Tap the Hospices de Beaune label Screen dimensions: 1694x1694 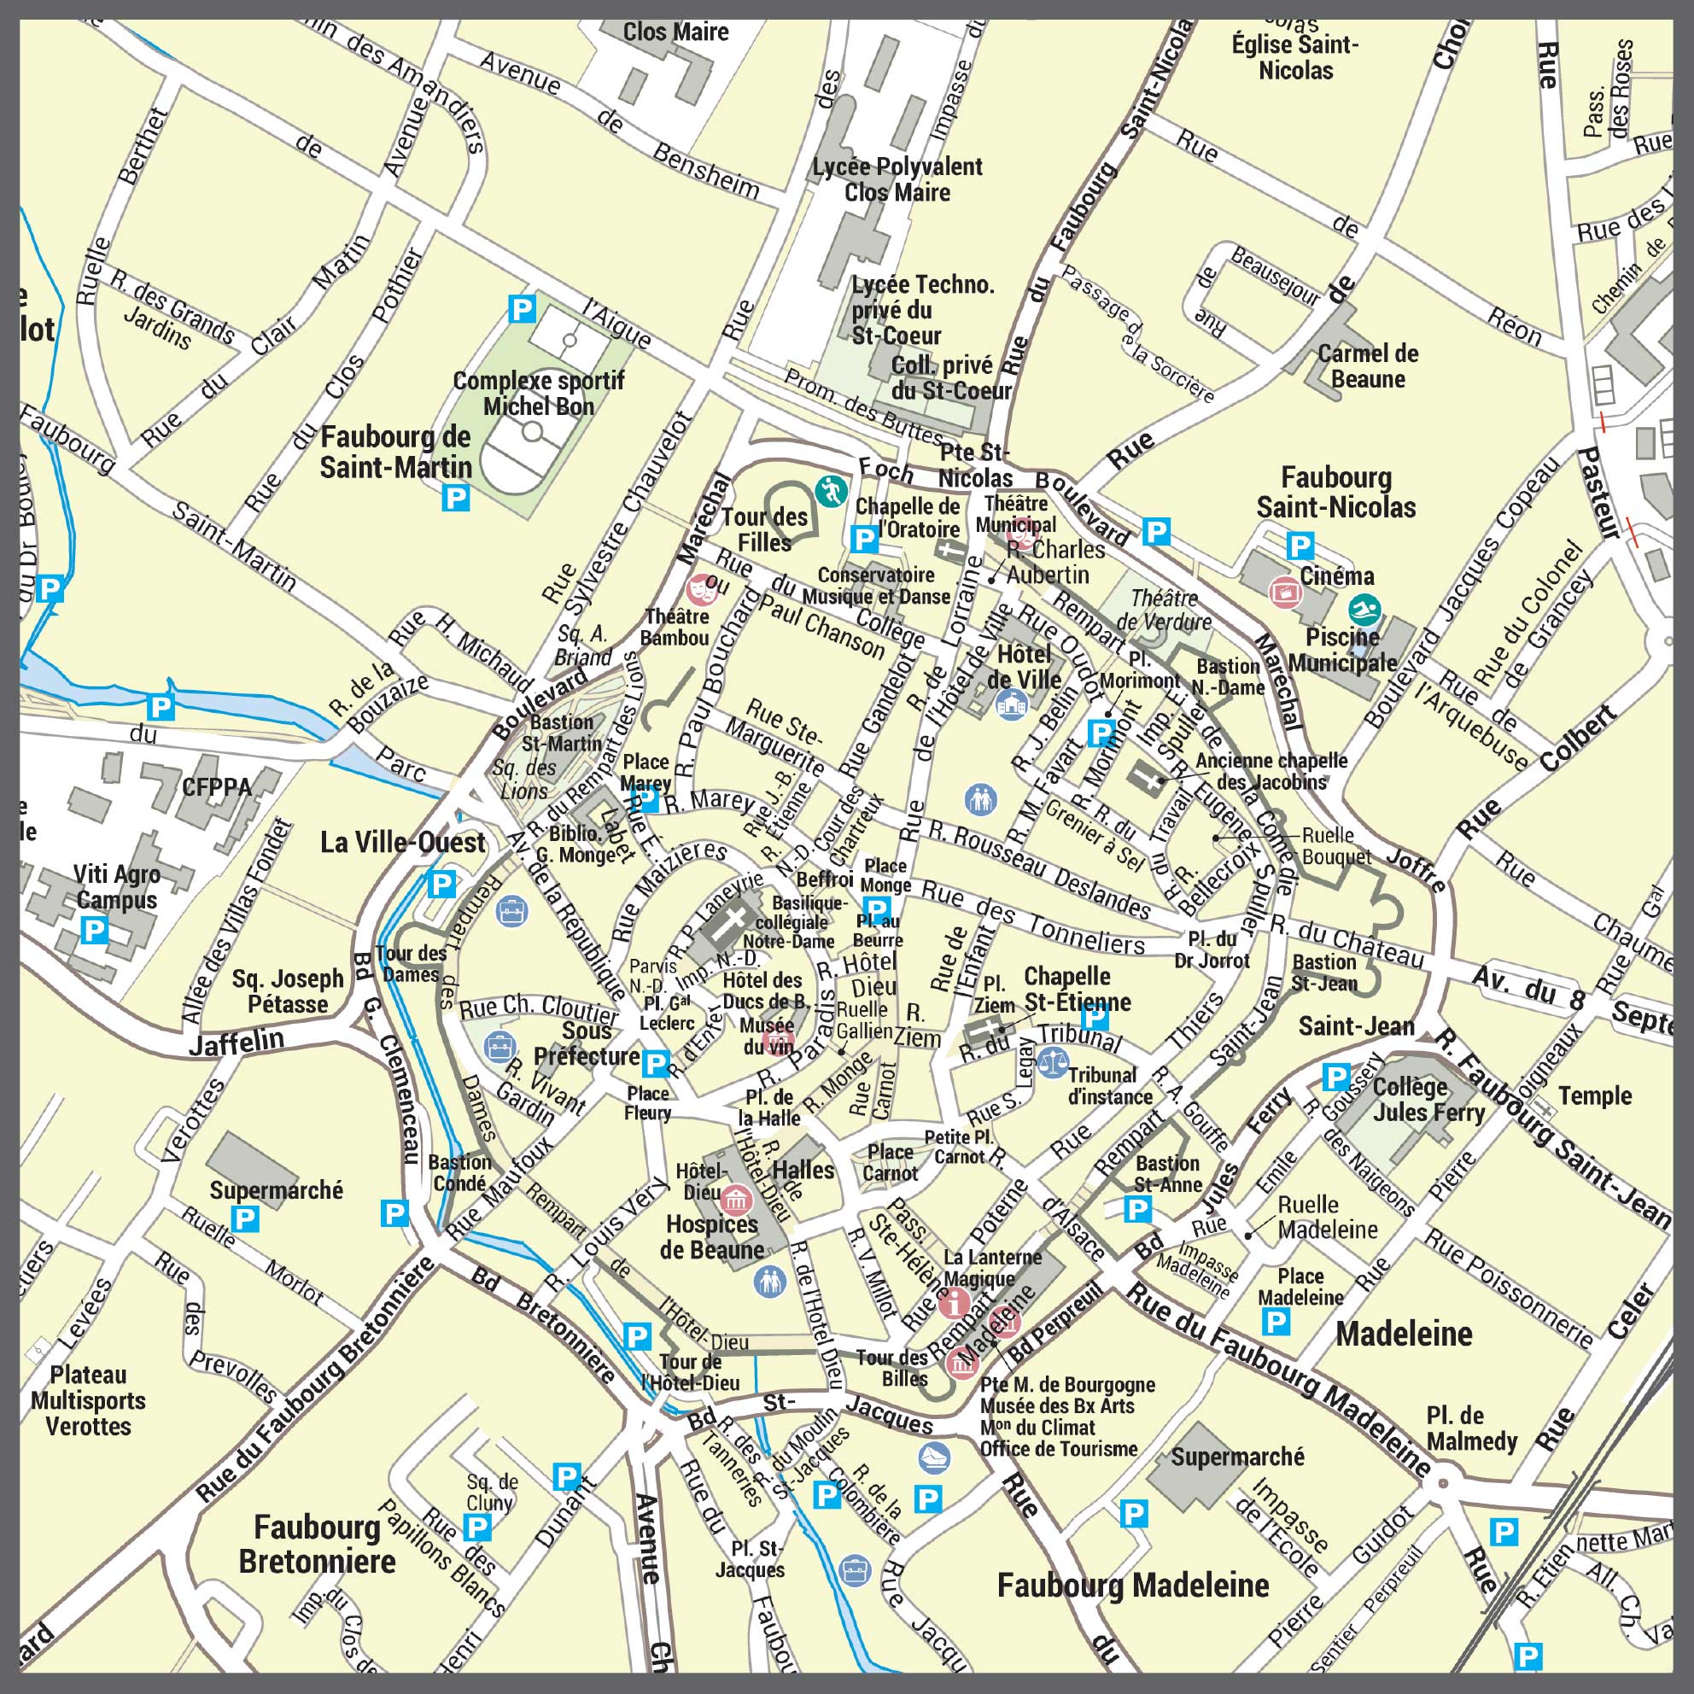pyautogui.click(x=712, y=1237)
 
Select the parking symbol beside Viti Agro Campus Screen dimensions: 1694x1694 pyautogui.click(x=94, y=930)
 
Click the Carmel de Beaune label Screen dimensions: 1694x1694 pyautogui.click(x=1367, y=366)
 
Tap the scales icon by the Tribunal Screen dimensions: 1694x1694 pyautogui.click(x=1053, y=1062)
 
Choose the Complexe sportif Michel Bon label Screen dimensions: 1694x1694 pyautogui.click(x=539, y=394)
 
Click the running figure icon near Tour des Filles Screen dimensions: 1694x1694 pyautogui.click(x=830, y=491)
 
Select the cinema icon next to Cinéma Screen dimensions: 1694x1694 pyautogui.click(x=1285, y=593)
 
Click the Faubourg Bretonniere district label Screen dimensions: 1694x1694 pyautogui.click(x=317, y=1544)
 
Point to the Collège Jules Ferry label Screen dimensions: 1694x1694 pyautogui.click(x=1428, y=1100)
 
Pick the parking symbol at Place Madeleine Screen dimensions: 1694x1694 pyautogui.click(x=1275, y=1321)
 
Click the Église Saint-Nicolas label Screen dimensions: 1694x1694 pyautogui.click(x=1295, y=57)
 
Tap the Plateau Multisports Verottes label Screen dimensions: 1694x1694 pyautogui.click(x=89, y=1400)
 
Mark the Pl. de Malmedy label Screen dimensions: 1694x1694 pyautogui.click(x=1471, y=1428)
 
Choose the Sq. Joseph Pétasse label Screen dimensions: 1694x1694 pyautogui.click(x=288, y=990)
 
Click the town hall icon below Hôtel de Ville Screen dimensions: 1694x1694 pyautogui.click(x=1011, y=704)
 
